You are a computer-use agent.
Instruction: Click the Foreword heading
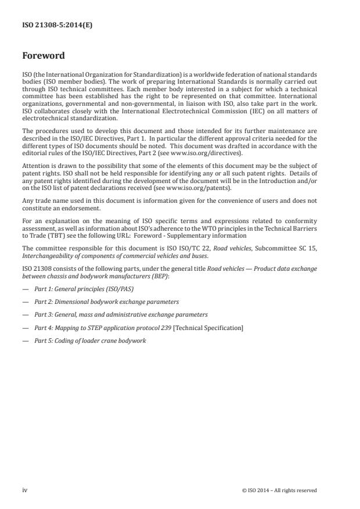43,56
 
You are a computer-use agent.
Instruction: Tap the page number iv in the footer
24,490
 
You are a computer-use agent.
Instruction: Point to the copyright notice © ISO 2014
279,490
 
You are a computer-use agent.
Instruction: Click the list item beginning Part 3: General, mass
120,314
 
